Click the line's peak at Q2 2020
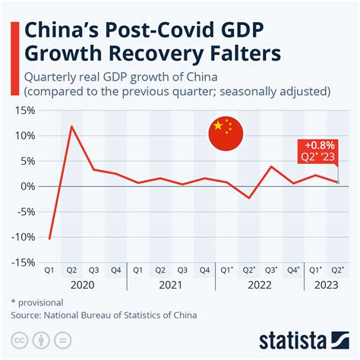(x=71, y=126)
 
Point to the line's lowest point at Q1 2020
(x=50, y=238)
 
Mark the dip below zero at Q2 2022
(x=249, y=198)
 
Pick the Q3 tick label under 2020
(x=93, y=269)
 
